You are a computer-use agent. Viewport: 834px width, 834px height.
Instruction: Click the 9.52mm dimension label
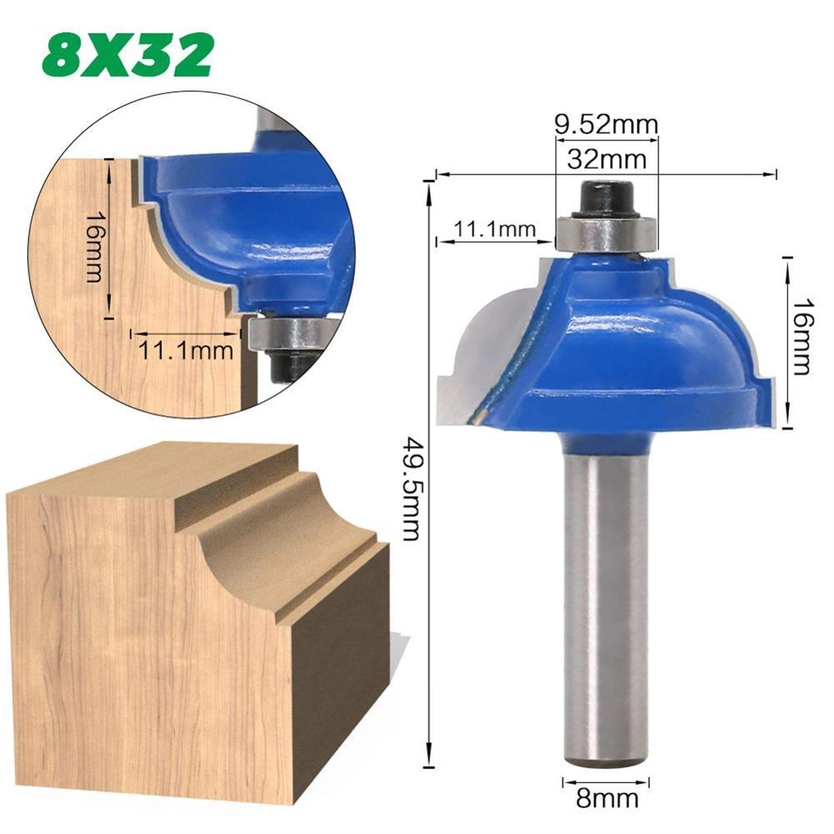click(605, 125)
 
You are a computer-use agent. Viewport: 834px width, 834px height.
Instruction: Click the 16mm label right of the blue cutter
click(799, 336)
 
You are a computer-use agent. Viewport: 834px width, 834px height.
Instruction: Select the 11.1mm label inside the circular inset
click(185, 351)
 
